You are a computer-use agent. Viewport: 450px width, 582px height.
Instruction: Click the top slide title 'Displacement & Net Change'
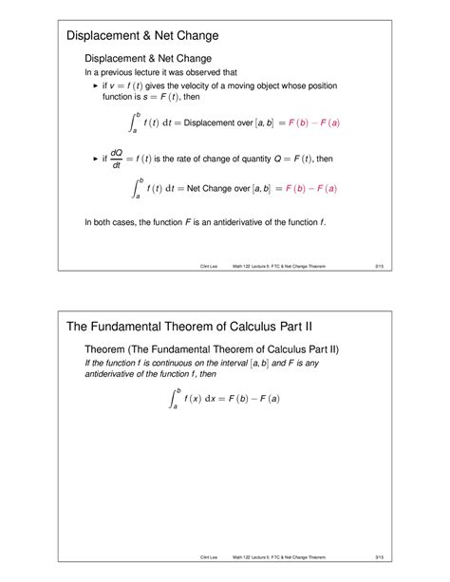point(142,36)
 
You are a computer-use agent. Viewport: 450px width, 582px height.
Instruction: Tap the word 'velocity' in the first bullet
point(216,84)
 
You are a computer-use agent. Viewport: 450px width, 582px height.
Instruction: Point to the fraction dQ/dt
point(117,160)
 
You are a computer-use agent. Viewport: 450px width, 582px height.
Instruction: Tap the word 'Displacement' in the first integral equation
point(213,122)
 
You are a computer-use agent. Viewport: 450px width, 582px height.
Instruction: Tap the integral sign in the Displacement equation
point(133,122)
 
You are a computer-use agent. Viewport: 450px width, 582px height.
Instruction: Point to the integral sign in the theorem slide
point(174,398)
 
